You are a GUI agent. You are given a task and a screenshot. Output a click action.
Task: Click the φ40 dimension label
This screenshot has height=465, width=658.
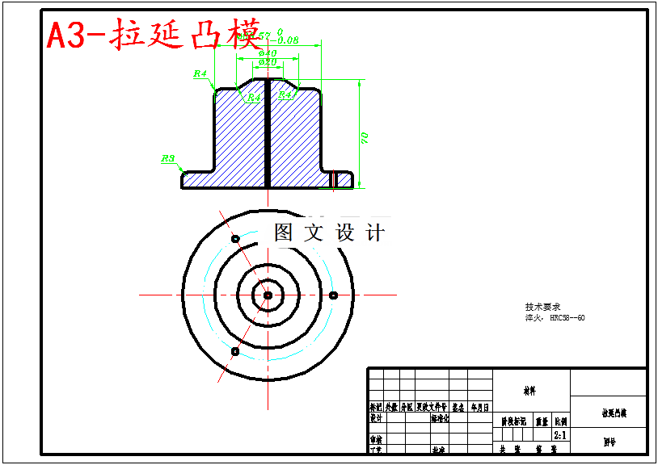(x=268, y=53)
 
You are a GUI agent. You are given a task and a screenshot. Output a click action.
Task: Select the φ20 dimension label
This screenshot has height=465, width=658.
(x=268, y=62)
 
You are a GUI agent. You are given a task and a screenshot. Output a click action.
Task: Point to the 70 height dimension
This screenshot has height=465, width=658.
(x=365, y=137)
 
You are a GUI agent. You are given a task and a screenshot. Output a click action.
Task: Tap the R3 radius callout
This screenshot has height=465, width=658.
(x=168, y=159)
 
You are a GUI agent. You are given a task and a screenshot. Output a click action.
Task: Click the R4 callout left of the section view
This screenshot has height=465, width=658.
(x=200, y=73)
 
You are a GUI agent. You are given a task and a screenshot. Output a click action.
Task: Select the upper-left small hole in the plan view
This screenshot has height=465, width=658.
(x=235, y=239)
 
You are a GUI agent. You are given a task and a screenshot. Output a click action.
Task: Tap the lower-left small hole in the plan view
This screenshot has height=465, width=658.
(x=234, y=351)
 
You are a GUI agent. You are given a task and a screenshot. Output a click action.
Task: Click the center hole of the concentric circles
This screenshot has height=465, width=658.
(x=267, y=295)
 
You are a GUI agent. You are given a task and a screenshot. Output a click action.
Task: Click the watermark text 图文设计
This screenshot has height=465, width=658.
(x=329, y=233)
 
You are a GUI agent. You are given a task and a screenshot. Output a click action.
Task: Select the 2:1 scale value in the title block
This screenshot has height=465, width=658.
(x=559, y=434)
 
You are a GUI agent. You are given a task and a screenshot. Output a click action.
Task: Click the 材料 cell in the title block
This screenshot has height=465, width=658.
(x=530, y=391)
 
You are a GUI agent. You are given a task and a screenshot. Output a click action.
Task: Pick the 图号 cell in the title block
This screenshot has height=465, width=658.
(x=609, y=442)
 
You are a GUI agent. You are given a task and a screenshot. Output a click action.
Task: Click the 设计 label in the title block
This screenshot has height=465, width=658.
(x=376, y=418)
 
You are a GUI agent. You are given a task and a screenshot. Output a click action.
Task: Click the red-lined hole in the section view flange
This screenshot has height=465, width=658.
(x=332, y=178)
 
